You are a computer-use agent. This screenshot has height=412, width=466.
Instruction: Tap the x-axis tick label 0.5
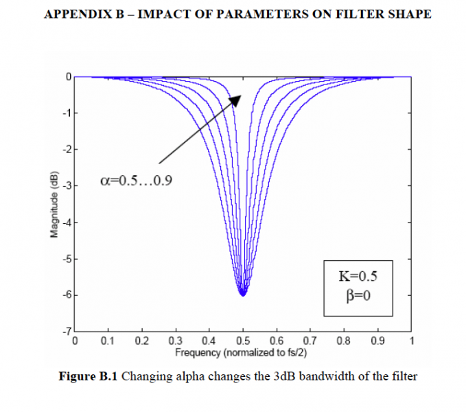click(242, 341)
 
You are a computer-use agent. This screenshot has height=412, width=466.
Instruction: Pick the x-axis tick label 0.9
click(377, 341)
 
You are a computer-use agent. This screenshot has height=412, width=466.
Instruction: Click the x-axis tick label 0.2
click(142, 341)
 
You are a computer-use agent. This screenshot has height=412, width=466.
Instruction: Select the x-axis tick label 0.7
click(310, 341)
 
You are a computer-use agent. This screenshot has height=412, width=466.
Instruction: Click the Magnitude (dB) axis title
click(54, 205)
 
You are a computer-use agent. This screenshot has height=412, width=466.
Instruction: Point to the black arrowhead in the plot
click(236, 100)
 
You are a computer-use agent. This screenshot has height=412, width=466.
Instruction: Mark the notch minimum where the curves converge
click(242, 293)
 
